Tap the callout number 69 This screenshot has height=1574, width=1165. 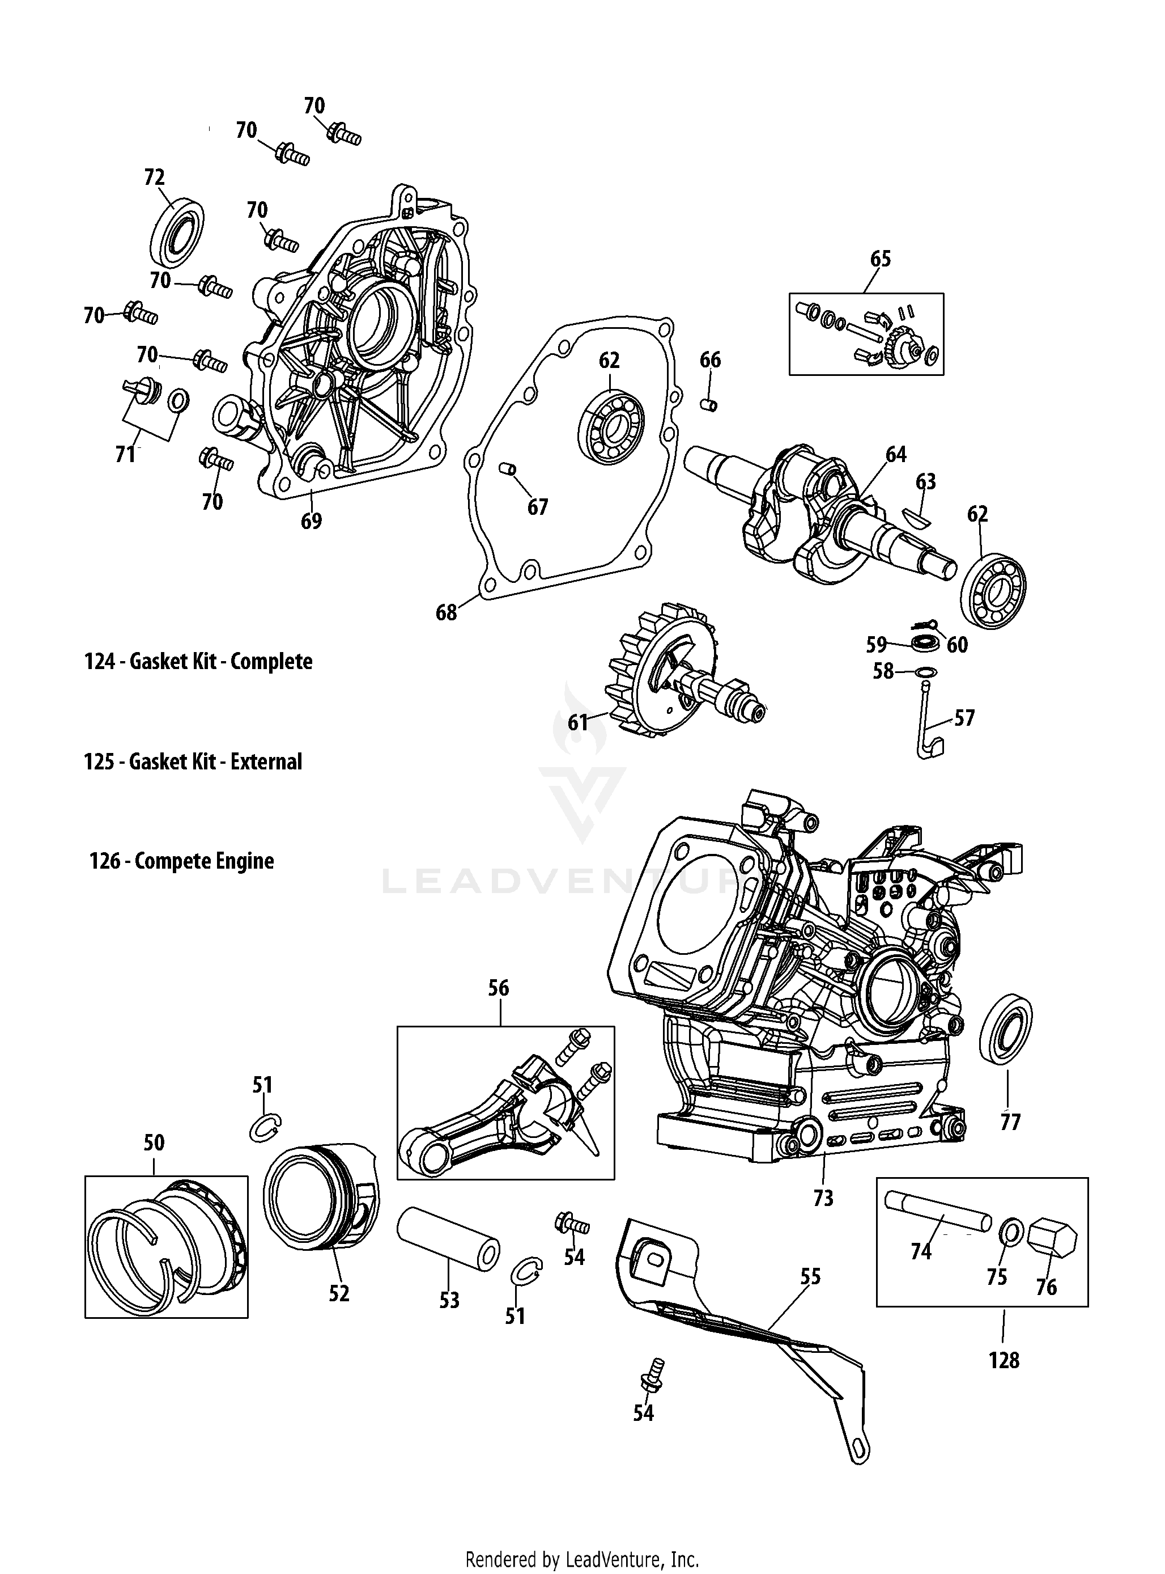[311, 522]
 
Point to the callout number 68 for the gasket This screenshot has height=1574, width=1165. [446, 612]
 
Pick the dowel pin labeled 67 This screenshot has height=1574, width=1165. [507, 468]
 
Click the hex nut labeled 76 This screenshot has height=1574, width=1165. [1052, 1240]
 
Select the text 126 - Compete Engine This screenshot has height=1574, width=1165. [181, 861]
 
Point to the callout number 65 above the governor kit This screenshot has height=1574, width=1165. [880, 259]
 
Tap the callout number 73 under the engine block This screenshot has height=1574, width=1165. [823, 1198]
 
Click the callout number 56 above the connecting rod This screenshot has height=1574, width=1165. [499, 988]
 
